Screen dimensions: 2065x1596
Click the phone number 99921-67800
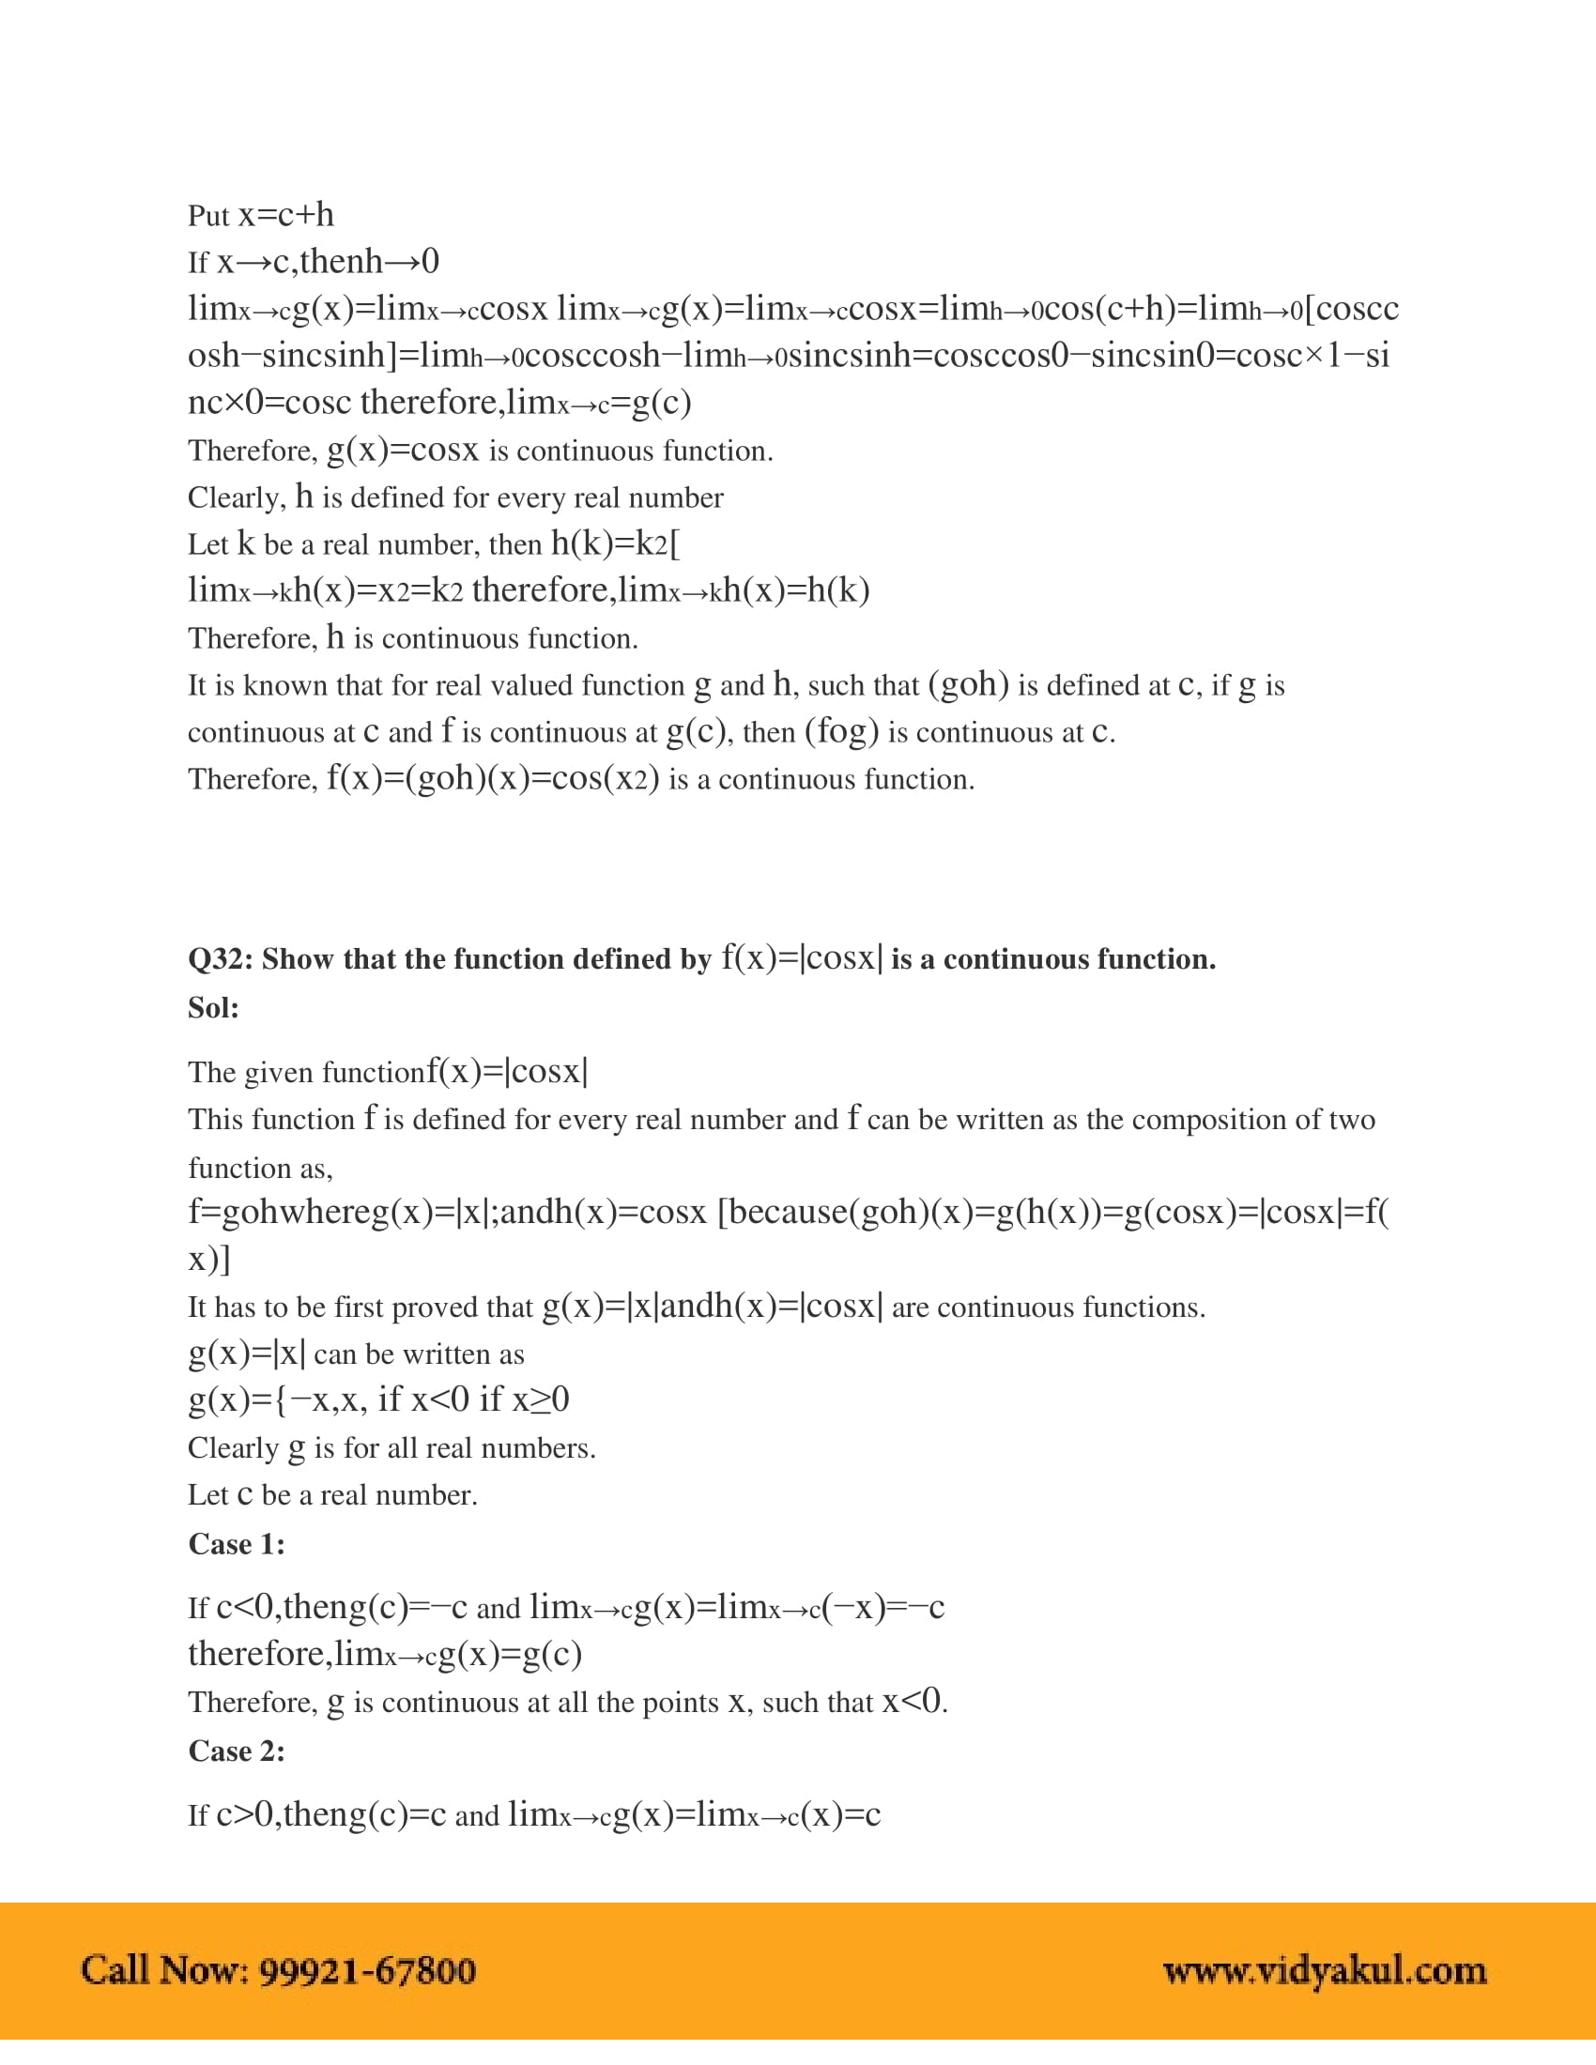point(367,1971)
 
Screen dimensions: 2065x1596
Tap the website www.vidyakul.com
point(1324,1971)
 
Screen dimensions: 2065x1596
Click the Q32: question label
point(220,959)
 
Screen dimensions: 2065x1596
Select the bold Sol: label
point(213,1008)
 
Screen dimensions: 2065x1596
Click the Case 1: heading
point(237,1544)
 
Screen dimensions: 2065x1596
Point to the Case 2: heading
point(237,1751)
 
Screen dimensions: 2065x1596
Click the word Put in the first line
point(208,217)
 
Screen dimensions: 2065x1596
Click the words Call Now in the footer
point(164,1971)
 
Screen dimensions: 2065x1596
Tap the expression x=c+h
point(285,216)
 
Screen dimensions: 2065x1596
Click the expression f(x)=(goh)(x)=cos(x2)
point(493,779)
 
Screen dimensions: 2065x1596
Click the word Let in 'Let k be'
point(208,544)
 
